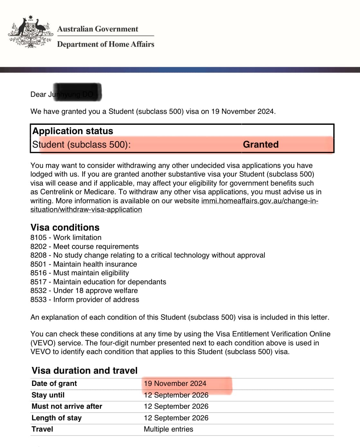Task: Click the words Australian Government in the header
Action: point(97,29)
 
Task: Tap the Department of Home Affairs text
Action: point(106,44)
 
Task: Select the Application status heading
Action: point(73,131)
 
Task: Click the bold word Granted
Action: point(261,144)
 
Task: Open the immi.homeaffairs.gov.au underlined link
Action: point(259,201)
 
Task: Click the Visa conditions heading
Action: point(65,227)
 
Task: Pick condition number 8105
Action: point(38,238)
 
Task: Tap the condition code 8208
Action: point(38,255)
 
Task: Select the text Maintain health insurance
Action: point(95,264)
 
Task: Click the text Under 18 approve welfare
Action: point(95,291)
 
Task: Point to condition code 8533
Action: point(38,300)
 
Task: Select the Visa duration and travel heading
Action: point(84,370)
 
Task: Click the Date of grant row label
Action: point(54,384)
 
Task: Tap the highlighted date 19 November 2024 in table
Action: point(175,384)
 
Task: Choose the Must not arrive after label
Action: point(67,406)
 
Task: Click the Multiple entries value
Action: point(168,429)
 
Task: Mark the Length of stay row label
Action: point(56,418)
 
